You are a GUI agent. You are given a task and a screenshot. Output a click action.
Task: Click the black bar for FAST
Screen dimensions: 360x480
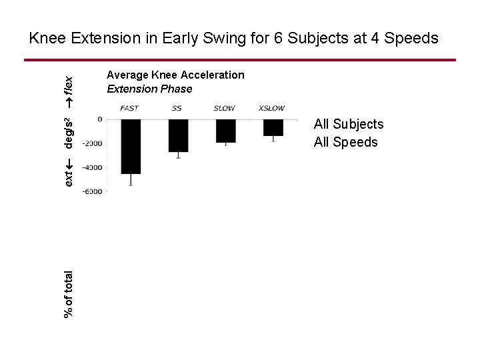pos(131,146)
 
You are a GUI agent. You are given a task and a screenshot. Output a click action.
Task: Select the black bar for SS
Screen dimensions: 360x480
pos(178,135)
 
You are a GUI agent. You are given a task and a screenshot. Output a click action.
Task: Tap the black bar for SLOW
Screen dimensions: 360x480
pos(225,131)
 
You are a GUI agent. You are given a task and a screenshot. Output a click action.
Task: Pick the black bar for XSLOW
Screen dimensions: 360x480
pos(273,127)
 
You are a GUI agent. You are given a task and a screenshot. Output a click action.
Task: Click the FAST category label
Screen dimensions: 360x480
pos(131,108)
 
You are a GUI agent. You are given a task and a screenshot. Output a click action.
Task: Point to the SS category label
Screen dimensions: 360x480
pos(177,108)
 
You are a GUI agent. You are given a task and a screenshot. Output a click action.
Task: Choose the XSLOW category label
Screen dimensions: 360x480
pos(272,108)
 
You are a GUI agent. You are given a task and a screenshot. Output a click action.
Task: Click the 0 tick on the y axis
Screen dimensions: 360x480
pos(99,119)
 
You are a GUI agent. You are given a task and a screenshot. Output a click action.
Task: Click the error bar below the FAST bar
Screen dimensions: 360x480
pos(131,179)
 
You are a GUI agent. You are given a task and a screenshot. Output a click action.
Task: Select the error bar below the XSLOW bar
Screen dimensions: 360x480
pos(273,139)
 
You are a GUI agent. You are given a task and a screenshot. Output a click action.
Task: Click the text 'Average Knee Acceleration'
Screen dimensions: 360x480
pos(175,75)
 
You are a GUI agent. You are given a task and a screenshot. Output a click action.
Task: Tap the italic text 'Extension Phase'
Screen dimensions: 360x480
pos(149,89)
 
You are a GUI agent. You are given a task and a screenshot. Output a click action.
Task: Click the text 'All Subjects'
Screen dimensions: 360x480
pos(349,124)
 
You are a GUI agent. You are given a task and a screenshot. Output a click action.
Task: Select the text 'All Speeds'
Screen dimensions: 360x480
pos(345,142)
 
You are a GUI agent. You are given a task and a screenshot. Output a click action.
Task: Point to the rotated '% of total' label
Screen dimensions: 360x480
pos(69,293)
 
